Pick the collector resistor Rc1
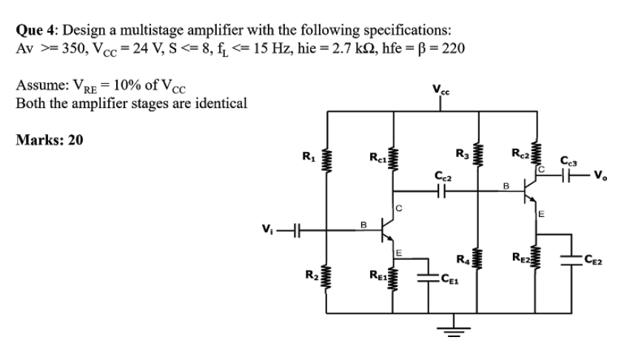click(395, 159)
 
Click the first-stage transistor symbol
click(386, 230)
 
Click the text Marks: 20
click(50, 141)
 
